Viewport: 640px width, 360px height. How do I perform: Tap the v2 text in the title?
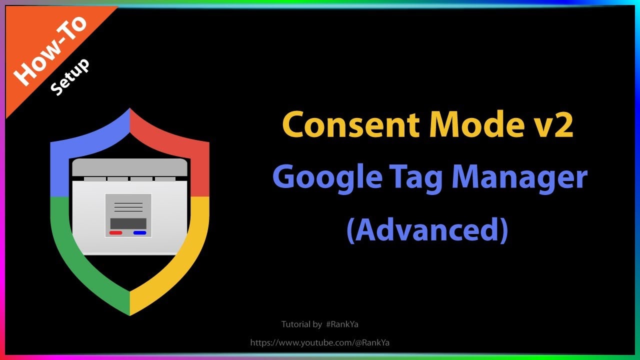[555, 125]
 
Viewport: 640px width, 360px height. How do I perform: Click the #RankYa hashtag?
[342, 324]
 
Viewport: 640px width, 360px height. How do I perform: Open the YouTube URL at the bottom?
[320, 342]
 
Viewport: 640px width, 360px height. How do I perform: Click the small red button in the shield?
[116, 232]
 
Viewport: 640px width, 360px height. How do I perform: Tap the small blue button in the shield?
[140, 232]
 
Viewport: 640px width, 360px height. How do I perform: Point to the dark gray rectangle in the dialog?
[128, 223]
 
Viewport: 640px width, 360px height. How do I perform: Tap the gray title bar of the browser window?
[129, 167]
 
